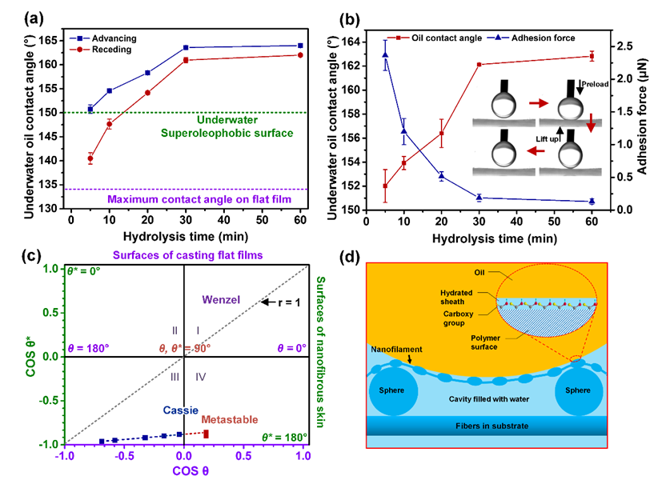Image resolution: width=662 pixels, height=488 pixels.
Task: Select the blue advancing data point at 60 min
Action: click(x=300, y=46)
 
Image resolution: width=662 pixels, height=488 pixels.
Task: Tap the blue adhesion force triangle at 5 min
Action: click(x=385, y=55)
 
